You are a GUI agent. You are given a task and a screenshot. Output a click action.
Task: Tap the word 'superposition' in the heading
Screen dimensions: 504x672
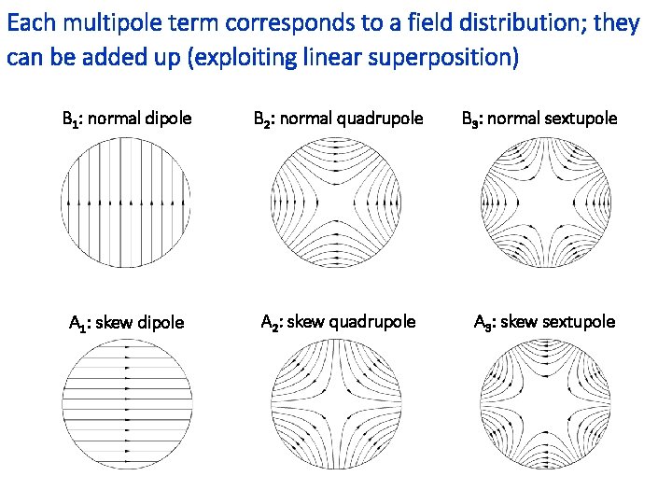[x=455, y=59]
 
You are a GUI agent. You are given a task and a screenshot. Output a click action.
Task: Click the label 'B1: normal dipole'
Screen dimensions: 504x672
[x=126, y=119]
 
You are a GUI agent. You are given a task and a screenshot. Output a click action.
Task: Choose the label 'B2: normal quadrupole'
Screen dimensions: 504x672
[x=338, y=119]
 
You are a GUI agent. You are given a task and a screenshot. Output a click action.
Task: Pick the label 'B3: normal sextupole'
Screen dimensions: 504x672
[x=539, y=119]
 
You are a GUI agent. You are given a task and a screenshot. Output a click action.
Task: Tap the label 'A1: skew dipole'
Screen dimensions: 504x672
[x=127, y=324]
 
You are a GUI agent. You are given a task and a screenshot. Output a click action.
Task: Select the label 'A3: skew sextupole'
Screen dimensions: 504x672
[x=544, y=323]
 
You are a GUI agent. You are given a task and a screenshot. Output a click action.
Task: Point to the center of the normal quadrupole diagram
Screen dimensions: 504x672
[x=337, y=202]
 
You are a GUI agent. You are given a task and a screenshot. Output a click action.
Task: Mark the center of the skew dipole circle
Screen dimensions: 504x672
[x=127, y=407]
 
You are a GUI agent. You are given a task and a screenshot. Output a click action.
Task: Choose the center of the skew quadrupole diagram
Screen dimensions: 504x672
[x=337, y=407]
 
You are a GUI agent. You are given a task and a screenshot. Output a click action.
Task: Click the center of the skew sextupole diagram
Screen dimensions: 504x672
[x=545, y=407]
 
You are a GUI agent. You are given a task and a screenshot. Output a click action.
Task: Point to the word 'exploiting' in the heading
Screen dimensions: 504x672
[x=246, y=59]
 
